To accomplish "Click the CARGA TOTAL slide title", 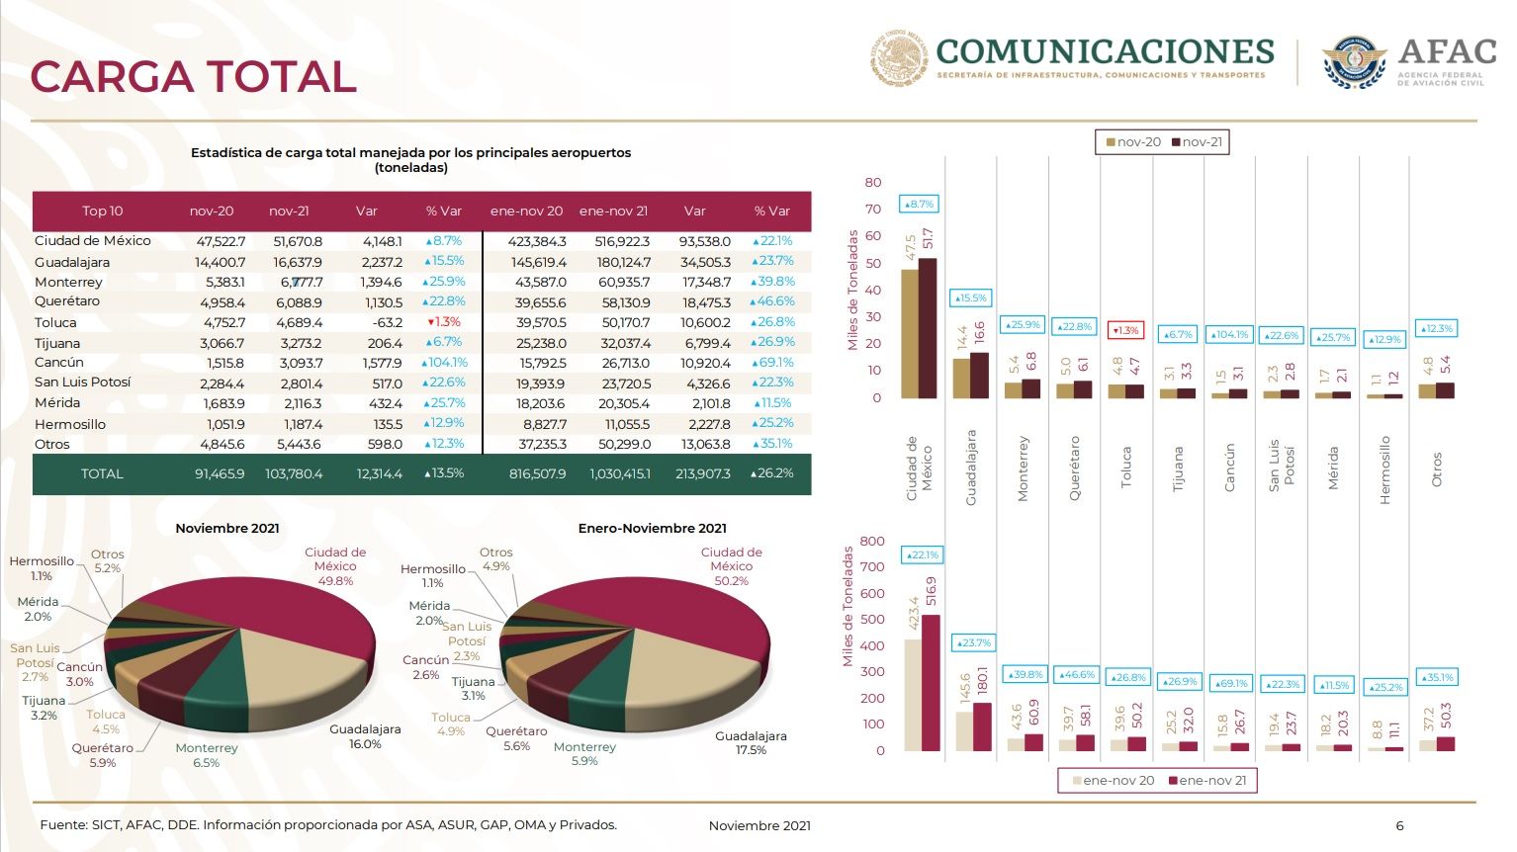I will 193,77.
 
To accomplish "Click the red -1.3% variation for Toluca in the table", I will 444,322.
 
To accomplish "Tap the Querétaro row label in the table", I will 67,301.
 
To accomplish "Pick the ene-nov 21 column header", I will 613,211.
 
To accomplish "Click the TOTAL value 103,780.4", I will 294,473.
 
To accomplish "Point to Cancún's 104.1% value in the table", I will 444,363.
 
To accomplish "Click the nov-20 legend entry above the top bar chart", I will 1132,142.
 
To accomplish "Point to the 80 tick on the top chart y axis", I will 872,183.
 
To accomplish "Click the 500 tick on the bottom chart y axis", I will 872,620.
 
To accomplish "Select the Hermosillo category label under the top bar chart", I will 1384,469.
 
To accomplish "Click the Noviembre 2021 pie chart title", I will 227,528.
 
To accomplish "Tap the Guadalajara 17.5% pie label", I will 751,742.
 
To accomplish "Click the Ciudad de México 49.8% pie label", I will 335,566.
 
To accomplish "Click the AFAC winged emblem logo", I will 1354,62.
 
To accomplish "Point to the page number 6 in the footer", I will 1399,825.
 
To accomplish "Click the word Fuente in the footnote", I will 62,824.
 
